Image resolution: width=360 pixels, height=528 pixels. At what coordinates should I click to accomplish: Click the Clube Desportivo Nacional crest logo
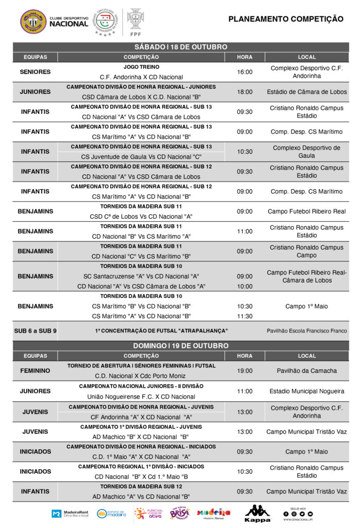tap(33, 22)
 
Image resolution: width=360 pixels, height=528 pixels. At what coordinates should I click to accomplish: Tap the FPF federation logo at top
tap(136, 22)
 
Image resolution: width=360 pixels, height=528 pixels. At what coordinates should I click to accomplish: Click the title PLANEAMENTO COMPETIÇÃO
tap(285, 19)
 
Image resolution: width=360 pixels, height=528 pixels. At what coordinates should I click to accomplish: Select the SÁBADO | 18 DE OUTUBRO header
tap(180, 47)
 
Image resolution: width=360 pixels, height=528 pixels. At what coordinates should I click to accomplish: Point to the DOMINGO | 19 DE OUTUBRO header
tap(180, 345)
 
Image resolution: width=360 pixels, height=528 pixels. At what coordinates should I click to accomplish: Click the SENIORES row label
tap(35, 72)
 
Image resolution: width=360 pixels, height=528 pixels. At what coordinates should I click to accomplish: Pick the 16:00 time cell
tap(244, 72)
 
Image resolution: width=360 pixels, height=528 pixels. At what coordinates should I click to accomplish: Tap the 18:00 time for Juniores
tap(244, 92)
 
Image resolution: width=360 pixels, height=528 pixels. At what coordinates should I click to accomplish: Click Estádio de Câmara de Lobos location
tap(307, 92)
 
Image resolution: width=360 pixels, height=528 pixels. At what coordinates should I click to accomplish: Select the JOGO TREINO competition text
tap(141, 67)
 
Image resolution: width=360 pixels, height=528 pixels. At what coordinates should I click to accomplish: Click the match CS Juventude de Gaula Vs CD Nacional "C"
tap(141, 157)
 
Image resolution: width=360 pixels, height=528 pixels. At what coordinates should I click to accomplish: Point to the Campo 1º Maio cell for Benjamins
tap(306, 306)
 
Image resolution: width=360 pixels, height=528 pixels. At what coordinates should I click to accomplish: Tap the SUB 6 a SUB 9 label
tap(35, 331)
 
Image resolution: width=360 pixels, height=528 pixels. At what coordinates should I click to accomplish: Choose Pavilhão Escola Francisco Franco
tap(307, 331)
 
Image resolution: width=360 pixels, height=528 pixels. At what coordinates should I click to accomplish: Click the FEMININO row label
tap(35, 371)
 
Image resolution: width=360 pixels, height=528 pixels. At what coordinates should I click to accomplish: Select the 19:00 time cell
tap(244, 371)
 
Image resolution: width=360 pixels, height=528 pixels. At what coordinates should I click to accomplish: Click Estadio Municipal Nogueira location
tap(307, 391)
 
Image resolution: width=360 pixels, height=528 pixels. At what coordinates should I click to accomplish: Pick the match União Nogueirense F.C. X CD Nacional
tap(141, 397)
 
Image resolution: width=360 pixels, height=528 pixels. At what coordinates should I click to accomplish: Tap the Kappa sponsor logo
tap(257, 514)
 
